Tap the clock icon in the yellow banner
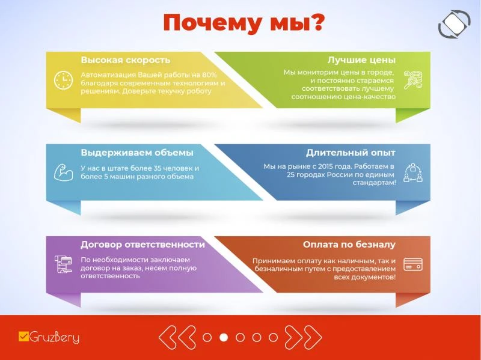[x=64, y=81]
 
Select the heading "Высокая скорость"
[x=126, y=60]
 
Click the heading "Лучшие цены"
[x=361, y=60]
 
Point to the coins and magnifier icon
[x=413, y=79]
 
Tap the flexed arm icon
[x=64, y=172]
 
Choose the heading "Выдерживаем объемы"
[x=137, y=153]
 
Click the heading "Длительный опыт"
[x=351, y=153]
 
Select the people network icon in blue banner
[x=413, y=173]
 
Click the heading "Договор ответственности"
[x=142, y=245]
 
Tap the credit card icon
[x=413, y=264]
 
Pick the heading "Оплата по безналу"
[x=349, y=245]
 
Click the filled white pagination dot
[x=224, y=337]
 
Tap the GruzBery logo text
[x=54, y=337]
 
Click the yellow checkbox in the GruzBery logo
[x=23, y=337]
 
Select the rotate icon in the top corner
[x=455, y=24]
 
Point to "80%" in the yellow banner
[x=209, y=75]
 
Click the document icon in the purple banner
[x=64, y=264]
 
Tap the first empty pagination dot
[x=207, y=337]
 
